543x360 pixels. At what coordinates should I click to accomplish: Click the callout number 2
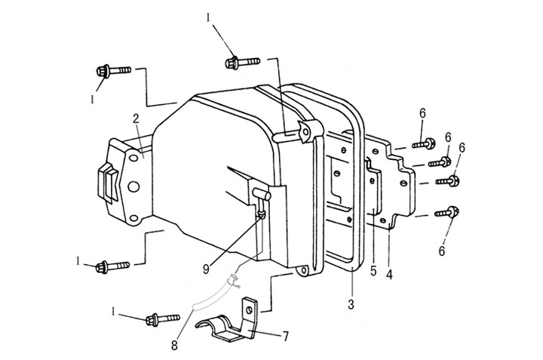point(136,118)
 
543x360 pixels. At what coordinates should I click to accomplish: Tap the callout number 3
point(351,305)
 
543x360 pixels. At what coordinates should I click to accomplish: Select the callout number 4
point(390,275)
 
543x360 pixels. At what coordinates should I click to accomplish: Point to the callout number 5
point(373,271)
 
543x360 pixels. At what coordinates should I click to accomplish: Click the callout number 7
point(286,336)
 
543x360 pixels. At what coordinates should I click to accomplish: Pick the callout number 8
point(174,345)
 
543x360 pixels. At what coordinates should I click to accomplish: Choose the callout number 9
point(206,269)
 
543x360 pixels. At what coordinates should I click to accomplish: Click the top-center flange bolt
point(242,63)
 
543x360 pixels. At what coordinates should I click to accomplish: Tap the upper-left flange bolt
point(113,71)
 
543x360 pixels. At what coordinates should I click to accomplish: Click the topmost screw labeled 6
point(424,143)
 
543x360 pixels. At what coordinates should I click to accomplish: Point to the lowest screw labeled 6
point(447,212)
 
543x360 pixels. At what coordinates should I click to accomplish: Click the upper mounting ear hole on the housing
point(305,131)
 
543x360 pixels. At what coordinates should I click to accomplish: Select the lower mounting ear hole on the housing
point(304,269)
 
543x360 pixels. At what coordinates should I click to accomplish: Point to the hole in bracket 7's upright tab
point(249,310)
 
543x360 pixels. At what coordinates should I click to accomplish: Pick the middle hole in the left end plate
point(133,186)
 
